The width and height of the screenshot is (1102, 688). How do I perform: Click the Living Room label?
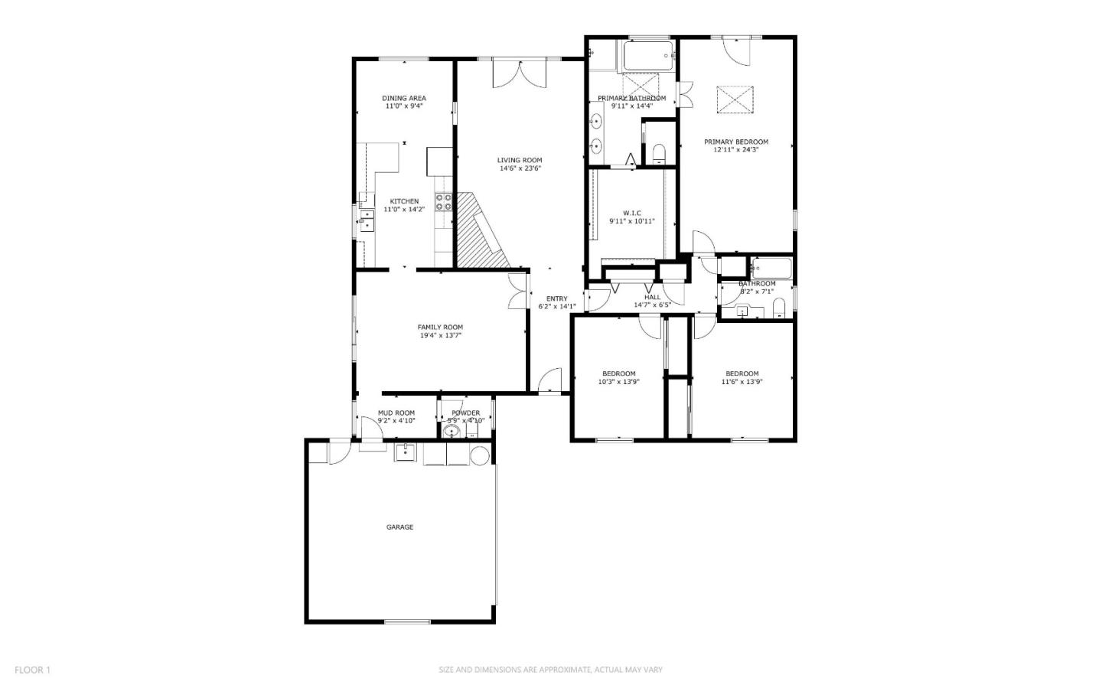[x=520, y=161]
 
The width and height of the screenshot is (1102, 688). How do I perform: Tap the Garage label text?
[x=399, y=527]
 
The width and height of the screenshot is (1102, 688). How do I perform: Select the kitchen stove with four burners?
[x=443, y=202]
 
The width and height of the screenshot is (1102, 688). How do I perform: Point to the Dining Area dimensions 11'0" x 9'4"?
[x=404, y=106]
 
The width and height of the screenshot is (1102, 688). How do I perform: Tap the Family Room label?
[x=440, y=328]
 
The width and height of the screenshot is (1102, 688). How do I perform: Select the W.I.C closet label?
[x=631, y=213]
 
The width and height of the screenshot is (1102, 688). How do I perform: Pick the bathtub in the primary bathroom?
[x=647, y=56]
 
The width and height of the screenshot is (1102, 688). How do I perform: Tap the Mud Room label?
[x=396, y=413]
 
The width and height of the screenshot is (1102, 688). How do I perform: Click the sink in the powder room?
[x=452, y=432]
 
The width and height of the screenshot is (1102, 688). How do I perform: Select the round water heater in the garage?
[x=479, y=456]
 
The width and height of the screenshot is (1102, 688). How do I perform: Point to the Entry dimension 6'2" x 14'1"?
[x=556, y=307]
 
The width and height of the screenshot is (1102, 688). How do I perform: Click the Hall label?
[x=652, y=298]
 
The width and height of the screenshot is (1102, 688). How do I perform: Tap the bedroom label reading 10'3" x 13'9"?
[x=618, y=382]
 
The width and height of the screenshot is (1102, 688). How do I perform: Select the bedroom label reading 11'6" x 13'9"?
[x=742, y=382]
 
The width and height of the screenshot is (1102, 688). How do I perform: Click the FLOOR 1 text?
[x=32, y=670]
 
